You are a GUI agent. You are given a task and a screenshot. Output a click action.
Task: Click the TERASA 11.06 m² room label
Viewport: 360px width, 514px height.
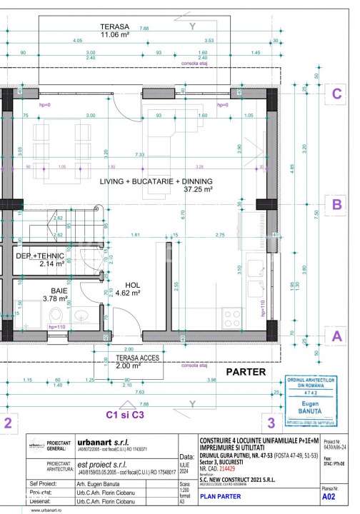(114, 30)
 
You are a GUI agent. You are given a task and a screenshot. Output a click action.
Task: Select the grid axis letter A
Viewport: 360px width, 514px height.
(334, 335)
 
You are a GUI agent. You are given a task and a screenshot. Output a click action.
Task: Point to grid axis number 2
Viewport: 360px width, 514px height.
(7, 423)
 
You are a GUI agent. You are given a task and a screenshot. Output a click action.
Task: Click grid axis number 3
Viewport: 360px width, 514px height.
(270, 423)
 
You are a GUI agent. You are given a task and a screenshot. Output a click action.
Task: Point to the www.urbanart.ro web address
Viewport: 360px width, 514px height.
(21, 510)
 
